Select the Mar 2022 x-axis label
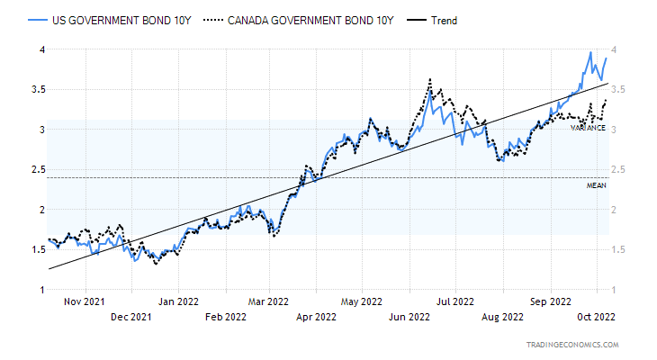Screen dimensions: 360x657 [268, 302]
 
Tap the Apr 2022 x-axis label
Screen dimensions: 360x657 [315, 317]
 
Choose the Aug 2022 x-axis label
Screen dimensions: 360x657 [501, 317]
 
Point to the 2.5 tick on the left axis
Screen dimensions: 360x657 [37, 169]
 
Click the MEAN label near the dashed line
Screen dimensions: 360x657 [597, 185]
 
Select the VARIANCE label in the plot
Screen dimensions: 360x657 [588, 128]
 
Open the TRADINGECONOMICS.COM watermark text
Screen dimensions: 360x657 [572, 345]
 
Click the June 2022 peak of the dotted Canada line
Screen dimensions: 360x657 [430, 80]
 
